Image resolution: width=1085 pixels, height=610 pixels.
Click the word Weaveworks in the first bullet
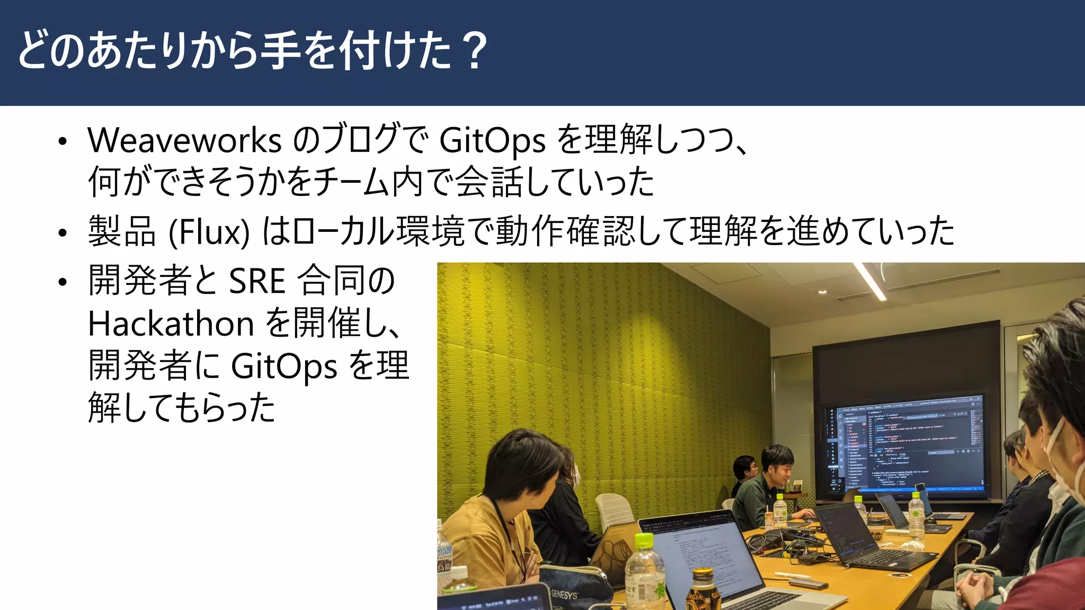[x=184, y=141]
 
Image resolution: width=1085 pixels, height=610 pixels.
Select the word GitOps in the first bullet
[x=492, y=141]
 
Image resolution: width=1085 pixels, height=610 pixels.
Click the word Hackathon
[x=171, y=324]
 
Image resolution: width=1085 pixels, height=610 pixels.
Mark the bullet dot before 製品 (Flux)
[x=63, y=233]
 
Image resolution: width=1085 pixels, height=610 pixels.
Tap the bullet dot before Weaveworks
[x=63, y=141]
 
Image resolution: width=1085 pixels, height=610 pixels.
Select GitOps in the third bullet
[x=284, y=366]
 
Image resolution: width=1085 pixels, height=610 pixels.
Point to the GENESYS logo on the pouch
[x=564, y=595]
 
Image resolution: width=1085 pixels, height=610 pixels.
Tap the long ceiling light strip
[x=869, y=281]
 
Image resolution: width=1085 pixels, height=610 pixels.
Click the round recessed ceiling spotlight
[x=822, y=292]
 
